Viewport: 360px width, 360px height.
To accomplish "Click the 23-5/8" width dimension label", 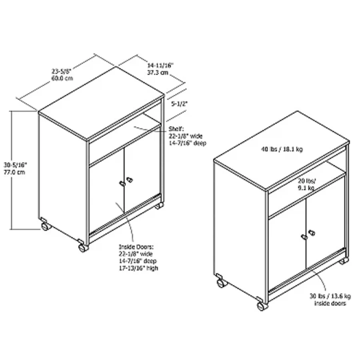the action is [x=62, y=71].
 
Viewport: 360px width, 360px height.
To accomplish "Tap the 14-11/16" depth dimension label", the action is [x=160, y=66].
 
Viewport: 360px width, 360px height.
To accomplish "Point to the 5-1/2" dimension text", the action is [x=179, y=104].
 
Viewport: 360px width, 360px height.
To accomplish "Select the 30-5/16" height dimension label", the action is [x=15, y=165].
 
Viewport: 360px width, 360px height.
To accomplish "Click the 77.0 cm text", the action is [x=14, y=172].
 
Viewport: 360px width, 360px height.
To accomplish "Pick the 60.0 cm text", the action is [x=62, y=78].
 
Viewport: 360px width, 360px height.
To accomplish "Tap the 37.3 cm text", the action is [x=158, y=73].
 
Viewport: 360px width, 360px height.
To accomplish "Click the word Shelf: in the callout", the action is [x=176, y=129].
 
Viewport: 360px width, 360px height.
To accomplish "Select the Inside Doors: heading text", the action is [x=136, y=247].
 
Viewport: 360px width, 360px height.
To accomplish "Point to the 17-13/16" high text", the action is [x=138, y=268].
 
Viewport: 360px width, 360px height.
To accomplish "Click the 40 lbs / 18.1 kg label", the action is [x=282, y=149].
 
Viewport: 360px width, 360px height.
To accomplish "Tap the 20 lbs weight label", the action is [x=307, y=181].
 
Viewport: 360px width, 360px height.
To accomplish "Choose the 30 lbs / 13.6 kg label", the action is [x=330, y=296].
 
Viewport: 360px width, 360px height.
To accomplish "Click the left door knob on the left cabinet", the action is [x=122, y=184].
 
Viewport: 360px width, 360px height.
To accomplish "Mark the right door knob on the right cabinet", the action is [x=312, y=232].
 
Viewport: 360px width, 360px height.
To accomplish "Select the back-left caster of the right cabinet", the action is [x=221, y=281].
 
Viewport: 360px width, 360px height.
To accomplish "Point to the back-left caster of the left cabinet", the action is [x=46, y=224].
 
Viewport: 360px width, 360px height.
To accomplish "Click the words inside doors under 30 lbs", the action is [x=330, y=304].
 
